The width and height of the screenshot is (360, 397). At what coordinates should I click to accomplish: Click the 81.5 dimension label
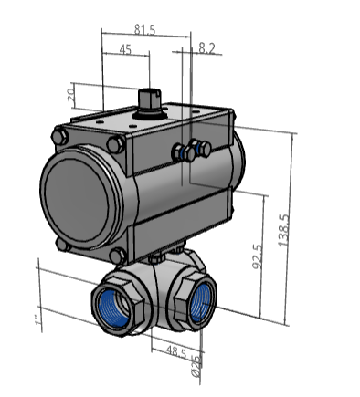[144, 30]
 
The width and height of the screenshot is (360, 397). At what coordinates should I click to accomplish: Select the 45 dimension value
[125, 49]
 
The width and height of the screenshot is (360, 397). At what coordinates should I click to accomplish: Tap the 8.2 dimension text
[206, 47]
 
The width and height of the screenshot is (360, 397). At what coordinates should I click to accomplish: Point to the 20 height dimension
[70, 95]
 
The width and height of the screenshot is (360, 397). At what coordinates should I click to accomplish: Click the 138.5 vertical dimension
[283, 230]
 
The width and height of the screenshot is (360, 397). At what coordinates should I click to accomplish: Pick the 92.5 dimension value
[258, 256]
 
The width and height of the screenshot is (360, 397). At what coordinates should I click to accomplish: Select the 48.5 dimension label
[176, 352]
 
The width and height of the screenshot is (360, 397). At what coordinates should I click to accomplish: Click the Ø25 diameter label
[196, 366]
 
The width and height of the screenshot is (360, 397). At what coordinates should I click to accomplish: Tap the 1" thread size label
[37, 320]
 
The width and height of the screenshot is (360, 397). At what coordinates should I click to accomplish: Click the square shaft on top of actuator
[150, 99]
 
